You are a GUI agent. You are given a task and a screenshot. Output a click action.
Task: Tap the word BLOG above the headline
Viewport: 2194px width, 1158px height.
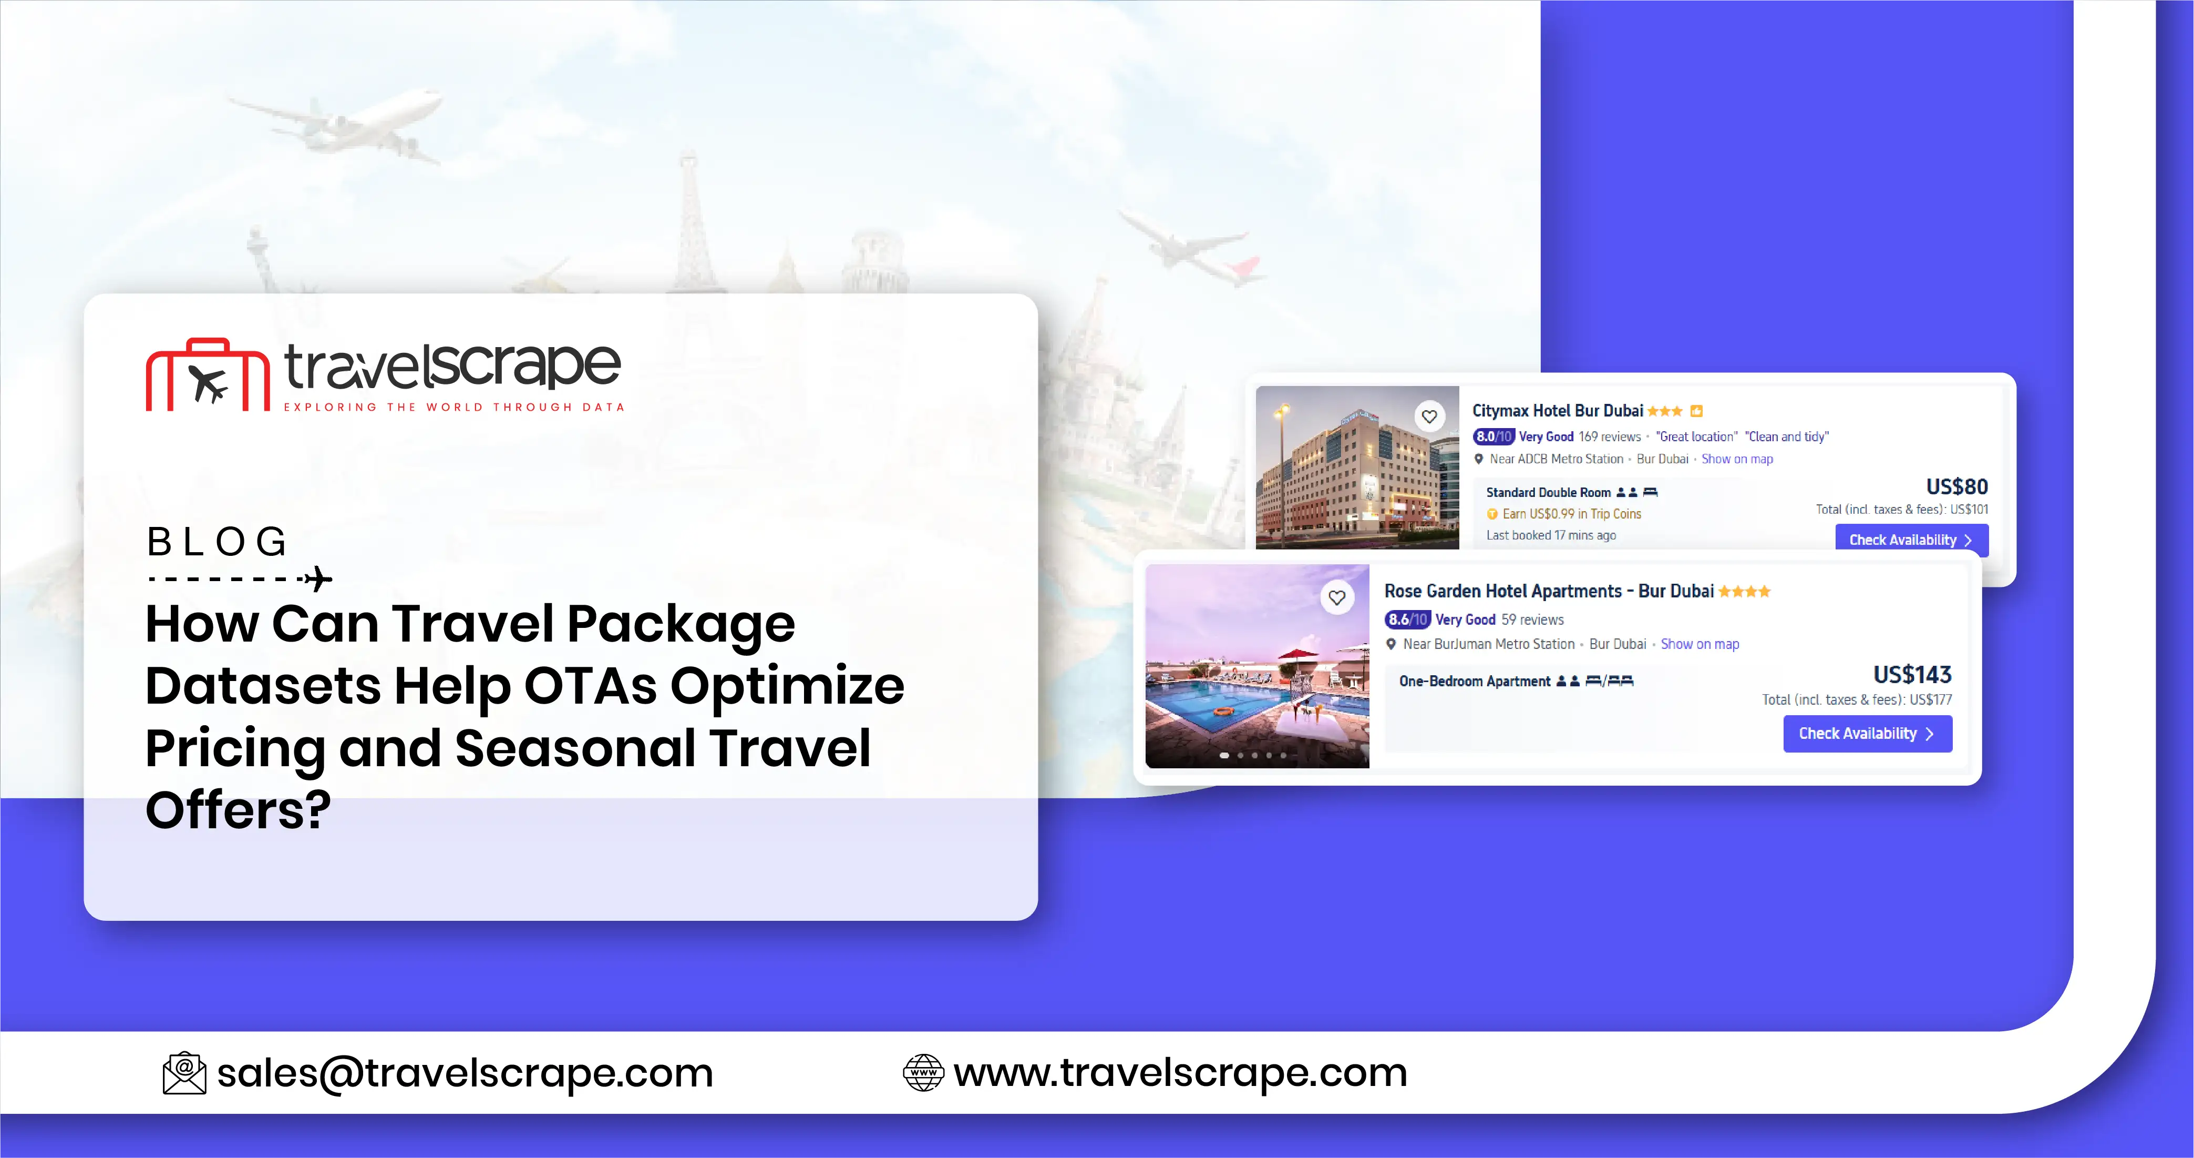[x=217, y=542]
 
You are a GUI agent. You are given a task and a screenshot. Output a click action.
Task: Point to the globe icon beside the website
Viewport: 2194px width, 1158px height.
[x=923, y=1073]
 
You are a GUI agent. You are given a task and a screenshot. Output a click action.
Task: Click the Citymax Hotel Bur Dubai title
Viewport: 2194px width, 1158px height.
[x=1557, y=411]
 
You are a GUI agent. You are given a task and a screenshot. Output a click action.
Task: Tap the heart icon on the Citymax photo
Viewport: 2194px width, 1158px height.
[x=1429, y=417]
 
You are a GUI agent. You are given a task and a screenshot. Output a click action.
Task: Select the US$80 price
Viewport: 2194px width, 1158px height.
[x=1956, y=486]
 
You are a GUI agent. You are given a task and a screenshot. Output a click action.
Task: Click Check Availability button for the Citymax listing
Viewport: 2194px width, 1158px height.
[x=1910, y=540]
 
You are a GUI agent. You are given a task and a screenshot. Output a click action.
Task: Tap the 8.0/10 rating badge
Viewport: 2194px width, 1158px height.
[x=1492, y=436]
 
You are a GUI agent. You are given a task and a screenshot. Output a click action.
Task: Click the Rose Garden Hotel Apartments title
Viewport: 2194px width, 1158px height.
[x=1548, y=591]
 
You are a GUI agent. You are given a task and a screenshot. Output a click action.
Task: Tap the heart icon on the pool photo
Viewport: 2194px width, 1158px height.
[x=1336, y=597]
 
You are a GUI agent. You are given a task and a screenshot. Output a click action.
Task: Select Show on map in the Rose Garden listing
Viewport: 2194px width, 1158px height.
[x=1699, y=644]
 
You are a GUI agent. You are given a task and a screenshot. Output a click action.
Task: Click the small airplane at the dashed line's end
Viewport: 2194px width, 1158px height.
[x=318, y=580]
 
